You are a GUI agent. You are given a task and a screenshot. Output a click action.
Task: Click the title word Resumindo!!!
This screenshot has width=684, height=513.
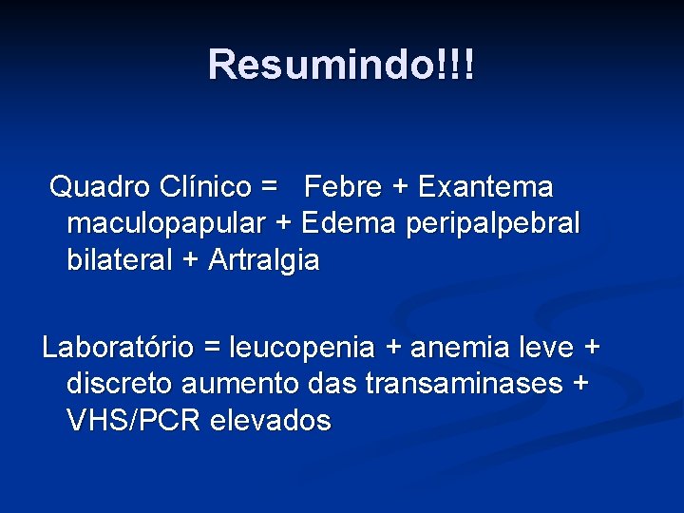click(342, 66)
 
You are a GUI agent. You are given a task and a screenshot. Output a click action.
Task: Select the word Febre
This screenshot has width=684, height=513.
click(342, 187)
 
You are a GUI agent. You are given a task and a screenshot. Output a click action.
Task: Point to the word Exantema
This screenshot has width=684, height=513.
click(486, 187)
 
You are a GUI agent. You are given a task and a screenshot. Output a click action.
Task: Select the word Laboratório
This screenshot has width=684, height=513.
click(118, 349)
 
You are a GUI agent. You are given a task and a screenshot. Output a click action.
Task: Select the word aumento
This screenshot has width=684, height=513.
click(252, 385)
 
